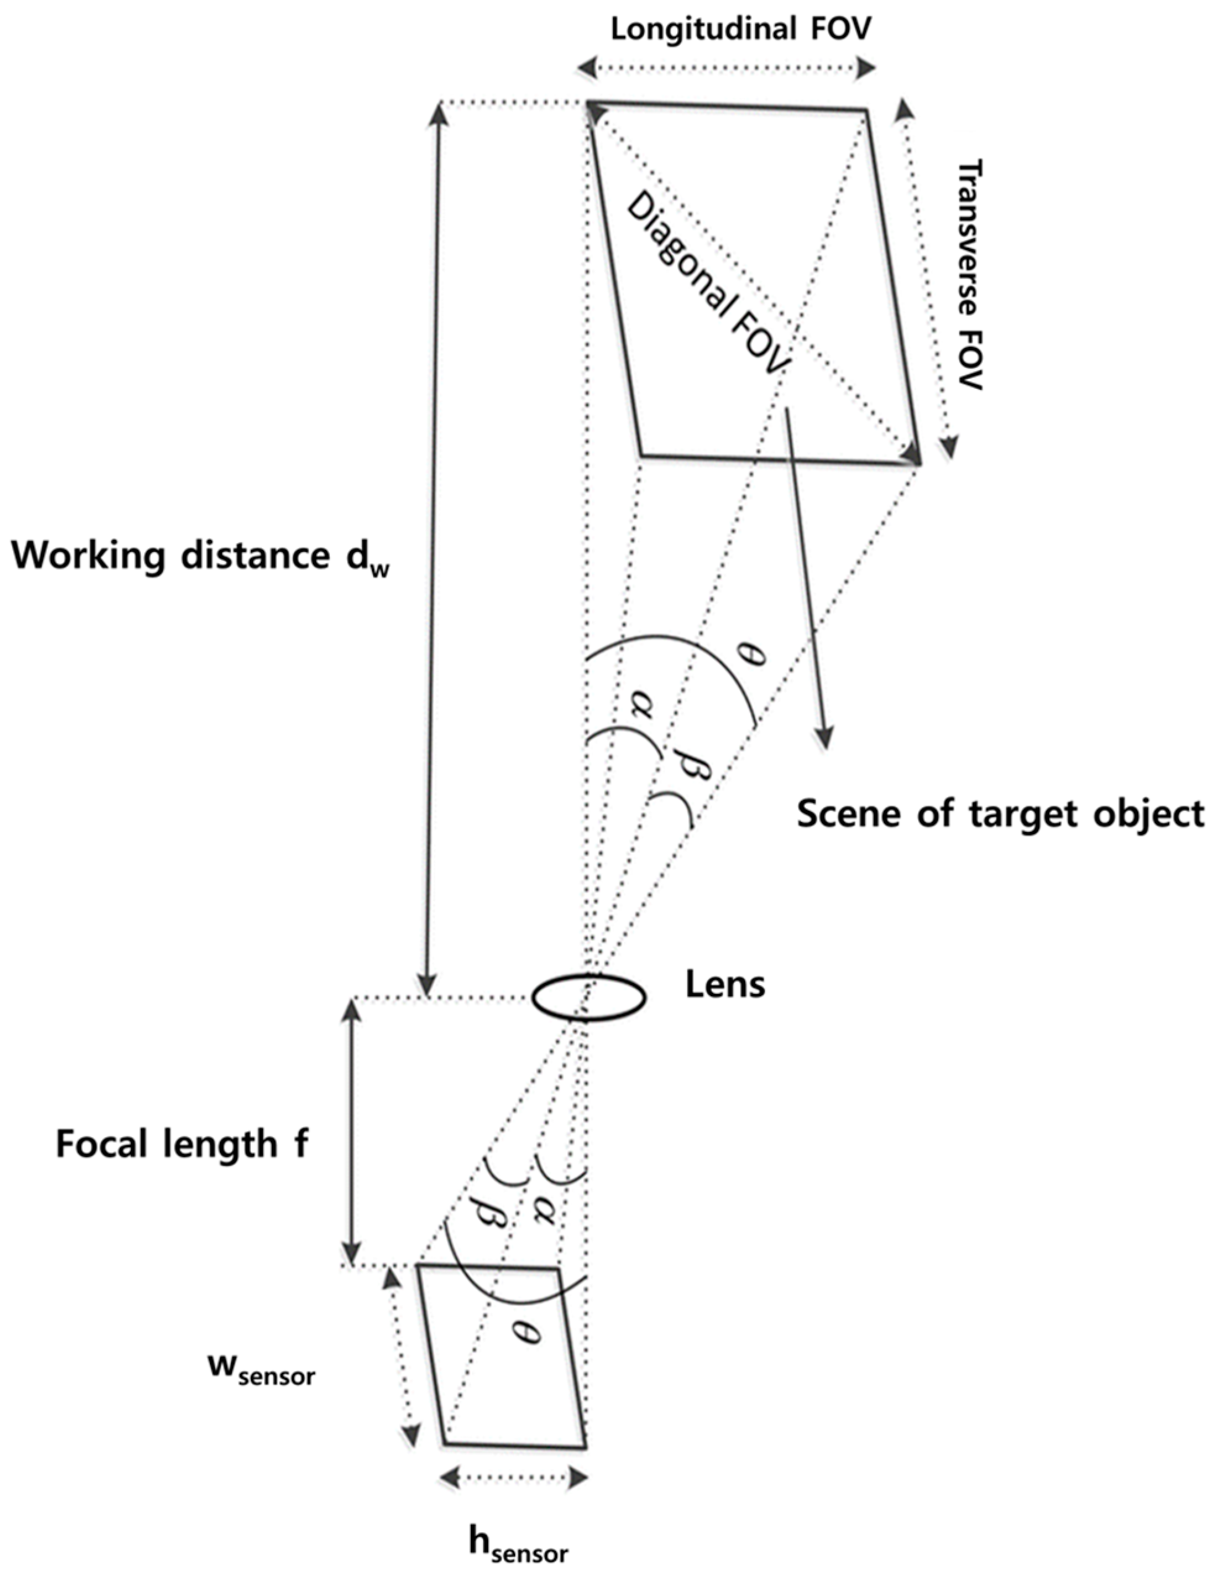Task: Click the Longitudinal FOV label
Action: coord(740,30)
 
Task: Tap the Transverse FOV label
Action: coord(970,274)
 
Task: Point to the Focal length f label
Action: coord(182,1145)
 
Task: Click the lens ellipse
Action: coord(588,998)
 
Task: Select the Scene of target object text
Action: coord(1000,815)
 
